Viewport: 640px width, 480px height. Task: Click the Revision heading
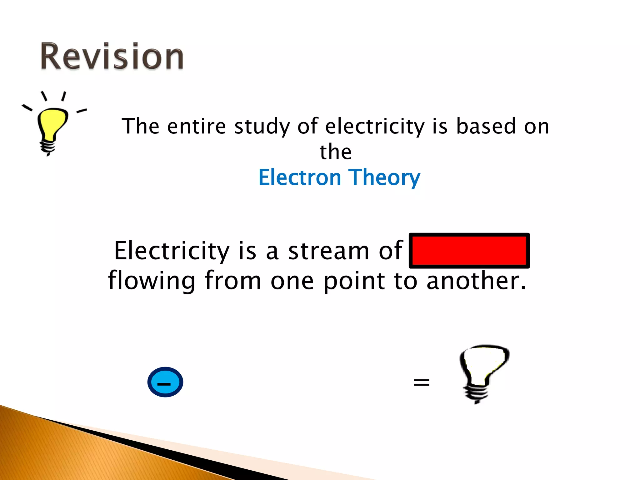112,56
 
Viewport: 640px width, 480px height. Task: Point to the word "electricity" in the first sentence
375,127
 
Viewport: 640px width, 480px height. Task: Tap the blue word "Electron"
299,177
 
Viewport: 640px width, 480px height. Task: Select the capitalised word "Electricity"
172,251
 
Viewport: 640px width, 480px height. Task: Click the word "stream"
328,251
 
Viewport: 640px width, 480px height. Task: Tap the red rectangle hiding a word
469,251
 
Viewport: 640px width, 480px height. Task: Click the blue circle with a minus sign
165,382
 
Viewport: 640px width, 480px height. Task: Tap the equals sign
421,382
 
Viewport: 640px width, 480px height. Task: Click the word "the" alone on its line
335,152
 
